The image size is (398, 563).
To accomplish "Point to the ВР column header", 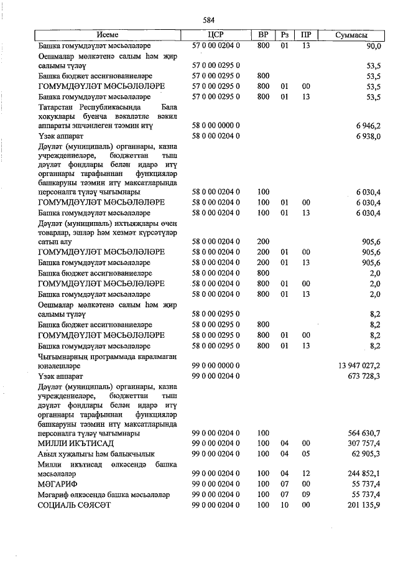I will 263,35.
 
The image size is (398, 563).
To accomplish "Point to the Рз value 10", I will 284,505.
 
